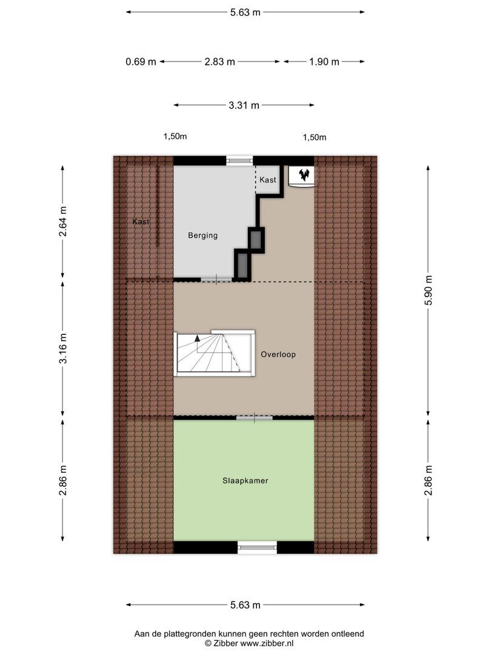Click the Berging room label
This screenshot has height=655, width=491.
(x=202, y=235)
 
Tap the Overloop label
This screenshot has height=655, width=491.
(x=278, y=354)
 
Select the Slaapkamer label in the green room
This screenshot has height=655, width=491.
(x=244, y=480)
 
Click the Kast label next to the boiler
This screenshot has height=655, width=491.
(x=267, y=180)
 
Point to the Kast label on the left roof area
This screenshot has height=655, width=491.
(x=141, y=222)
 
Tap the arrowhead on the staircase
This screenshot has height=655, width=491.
(x=197, y=340)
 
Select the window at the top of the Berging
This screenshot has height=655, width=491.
(x=239, y=161)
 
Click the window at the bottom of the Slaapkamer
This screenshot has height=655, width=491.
(x=257, y=548)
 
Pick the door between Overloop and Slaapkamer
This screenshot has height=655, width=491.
(x=254, y=418)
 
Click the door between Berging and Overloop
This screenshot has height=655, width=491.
(x=216, y=280)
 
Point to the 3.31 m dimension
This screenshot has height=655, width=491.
(x=244, y=105)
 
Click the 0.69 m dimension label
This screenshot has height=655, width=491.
(x=141, y=61)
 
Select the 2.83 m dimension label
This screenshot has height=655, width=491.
(x=219, y=61)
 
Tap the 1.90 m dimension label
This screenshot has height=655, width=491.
(x=324, y=61)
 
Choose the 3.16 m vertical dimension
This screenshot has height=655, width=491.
(x=63, y=349)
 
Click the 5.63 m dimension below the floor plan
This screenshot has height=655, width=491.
(x=245, y=605)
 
